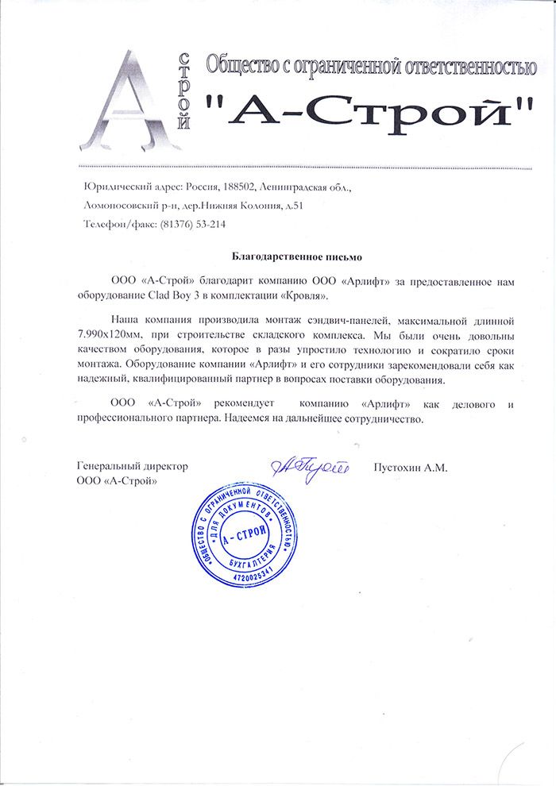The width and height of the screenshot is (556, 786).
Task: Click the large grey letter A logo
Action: pos(131,99)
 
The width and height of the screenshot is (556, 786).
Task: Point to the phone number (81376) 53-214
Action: pos(193,224)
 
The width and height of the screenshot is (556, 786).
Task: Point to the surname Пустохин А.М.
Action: pos(411,468)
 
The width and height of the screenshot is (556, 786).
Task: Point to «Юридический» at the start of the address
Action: pos(113,187)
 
